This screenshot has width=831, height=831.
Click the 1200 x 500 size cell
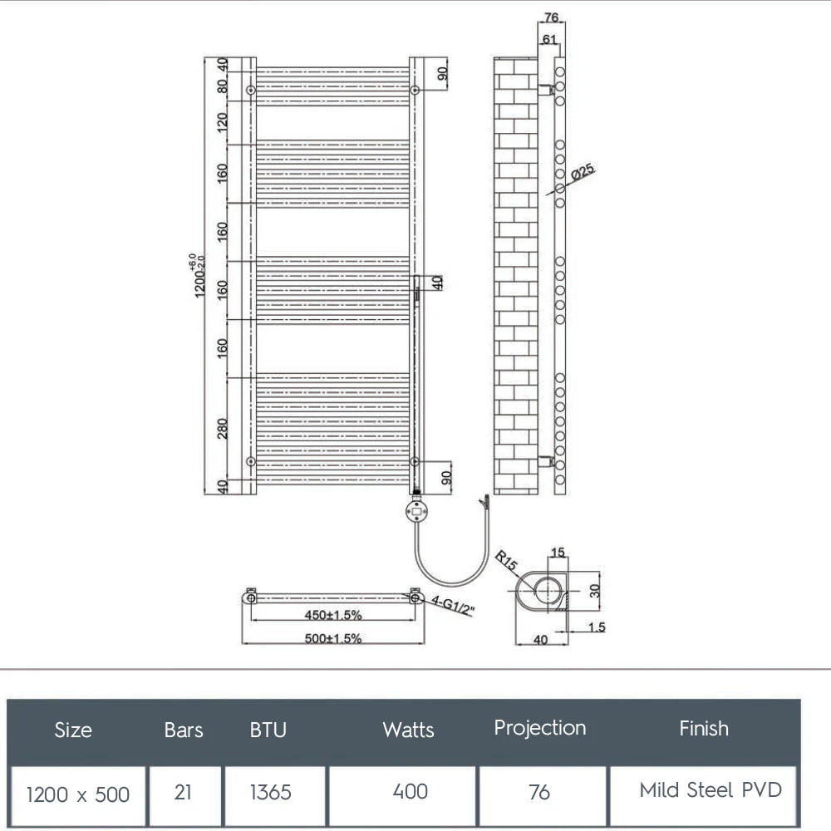click(x=78, y=794)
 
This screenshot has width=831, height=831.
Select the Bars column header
click(x=184, y=730)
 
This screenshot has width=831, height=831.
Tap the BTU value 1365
click(x=271, y=792)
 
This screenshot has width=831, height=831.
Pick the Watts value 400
click(x=411, y=791)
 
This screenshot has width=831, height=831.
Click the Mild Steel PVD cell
click(x=711, y=789)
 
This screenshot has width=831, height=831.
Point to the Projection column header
click(x=540, y=728)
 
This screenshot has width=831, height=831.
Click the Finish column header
click(x=704, y=729)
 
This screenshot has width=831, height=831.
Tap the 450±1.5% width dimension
click(x=332, y=615)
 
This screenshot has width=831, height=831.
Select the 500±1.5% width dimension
click(x=332, y=638)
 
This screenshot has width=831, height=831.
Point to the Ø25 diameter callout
click(x=584, y=174)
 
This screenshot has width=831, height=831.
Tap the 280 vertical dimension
click(x=222, y=428)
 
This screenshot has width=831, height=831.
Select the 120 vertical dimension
click(x=222, y=123)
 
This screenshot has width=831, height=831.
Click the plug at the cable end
click(x=484, y=504)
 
